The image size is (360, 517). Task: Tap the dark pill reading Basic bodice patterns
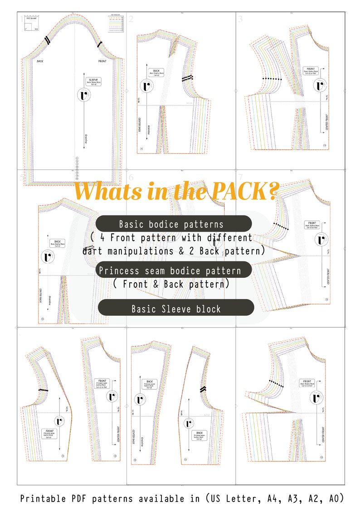[174, 224]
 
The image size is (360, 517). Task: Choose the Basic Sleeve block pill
[176, 309]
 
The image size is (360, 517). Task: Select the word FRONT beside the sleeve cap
[102, 61]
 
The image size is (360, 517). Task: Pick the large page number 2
[131, 19]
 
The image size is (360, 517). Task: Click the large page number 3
[240, 19]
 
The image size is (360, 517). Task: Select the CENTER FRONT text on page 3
[327, 120]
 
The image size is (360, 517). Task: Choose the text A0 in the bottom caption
[335, 498]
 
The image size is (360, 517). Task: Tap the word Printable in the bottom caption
[42, 498]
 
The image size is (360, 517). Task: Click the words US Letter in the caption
[234, 498]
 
